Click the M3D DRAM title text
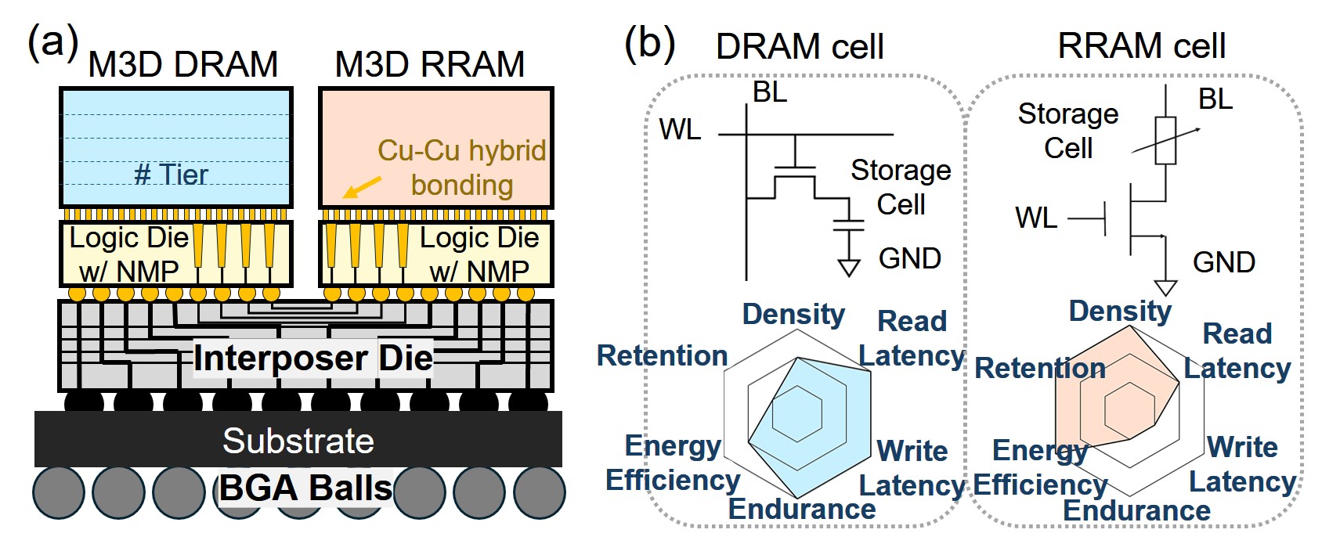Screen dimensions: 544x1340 tap(182, 64)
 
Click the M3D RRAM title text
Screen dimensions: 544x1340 tap(429, 64)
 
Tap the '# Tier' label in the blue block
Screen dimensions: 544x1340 tap(171, 174)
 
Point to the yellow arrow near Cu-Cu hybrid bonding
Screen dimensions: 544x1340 tap(363, 187)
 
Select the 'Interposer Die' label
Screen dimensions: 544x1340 tap(312, 358)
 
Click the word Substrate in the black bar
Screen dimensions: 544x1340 tap(298, 441)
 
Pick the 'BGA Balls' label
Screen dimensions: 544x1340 tap(305, 488)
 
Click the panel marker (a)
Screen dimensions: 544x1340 tap(52, 41)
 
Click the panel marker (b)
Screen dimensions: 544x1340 tap(649, 41)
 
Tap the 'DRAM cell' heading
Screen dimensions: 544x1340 tap(799, 47)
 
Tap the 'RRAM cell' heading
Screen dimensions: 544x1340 tap(1141, 46)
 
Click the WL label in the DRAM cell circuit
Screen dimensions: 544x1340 tap(680, 129)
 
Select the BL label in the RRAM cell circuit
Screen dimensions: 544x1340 tap(1215, 99)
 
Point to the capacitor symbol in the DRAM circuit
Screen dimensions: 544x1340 tap(848, 225)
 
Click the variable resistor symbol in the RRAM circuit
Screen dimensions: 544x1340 tap(1165, 141)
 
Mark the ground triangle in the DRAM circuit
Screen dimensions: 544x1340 tap(848, 268)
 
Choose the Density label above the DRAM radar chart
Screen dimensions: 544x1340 tap(793, 314)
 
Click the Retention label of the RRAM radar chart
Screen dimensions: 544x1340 tap(1039, 368)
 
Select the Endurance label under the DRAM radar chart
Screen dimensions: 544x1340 tap(802, 509)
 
